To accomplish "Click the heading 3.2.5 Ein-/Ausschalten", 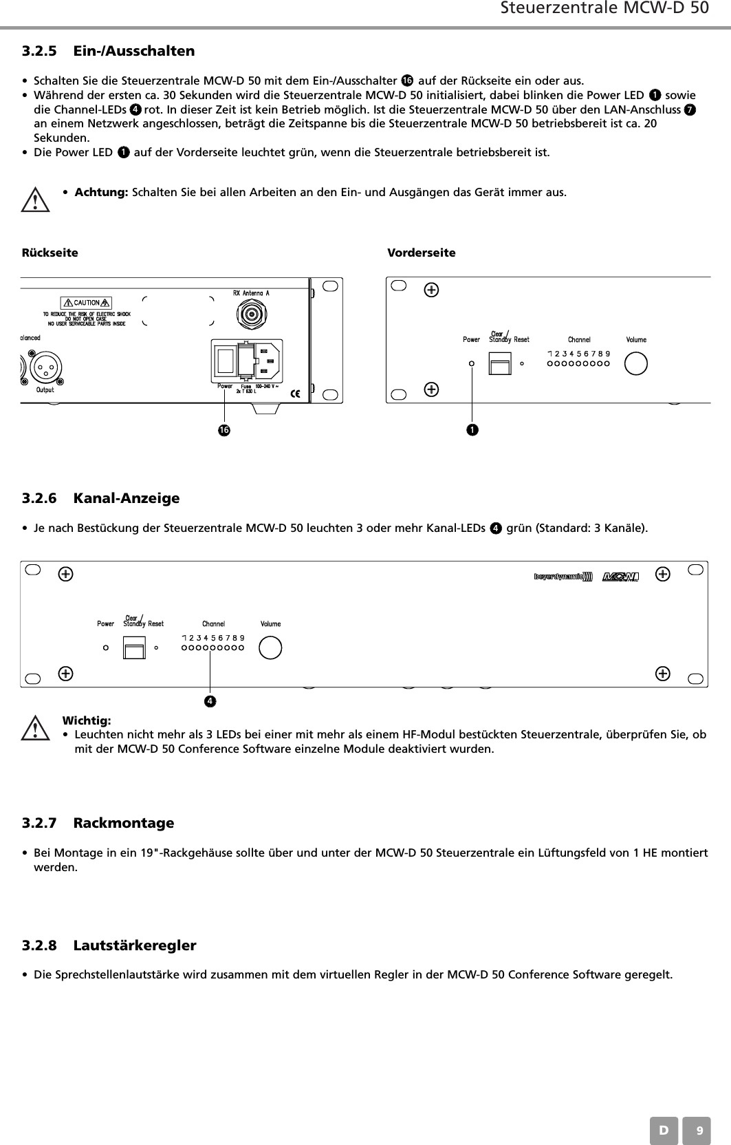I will pyautogui.click(x=108, y=51).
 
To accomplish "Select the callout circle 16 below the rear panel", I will pyautogui.click(x=223, y=431).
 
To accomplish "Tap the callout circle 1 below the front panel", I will pyautogui.click(x=472, y=430).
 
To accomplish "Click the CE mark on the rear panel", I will pyautogui.click(x=296, y=394).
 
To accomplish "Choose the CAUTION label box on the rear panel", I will pyautogui.click(x=87, y=303).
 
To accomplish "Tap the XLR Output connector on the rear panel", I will pyautogui.click(x=45, y=369).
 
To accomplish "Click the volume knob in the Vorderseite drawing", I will pyautogui.click(x=636, y=363).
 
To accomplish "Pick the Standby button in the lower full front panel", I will pyautogui.click(x=134, y=648).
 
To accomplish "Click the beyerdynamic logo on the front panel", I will pyautogui.click(x=563, y=576).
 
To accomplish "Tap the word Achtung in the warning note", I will pyautogui.click(x=100, y=192).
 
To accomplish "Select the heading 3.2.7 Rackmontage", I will pyautogui.click(x=98, y=823).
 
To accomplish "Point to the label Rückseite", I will pyautogui.click(x=50, y=253).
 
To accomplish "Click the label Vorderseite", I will pyautogui.click(x=422, y=253).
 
